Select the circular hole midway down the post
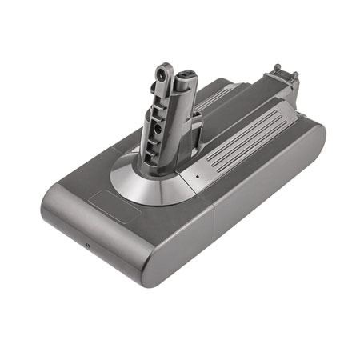click(x=163, y=126)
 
